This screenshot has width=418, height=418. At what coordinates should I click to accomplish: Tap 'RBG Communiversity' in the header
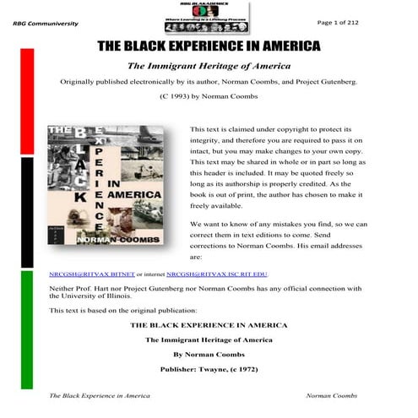[43, 24]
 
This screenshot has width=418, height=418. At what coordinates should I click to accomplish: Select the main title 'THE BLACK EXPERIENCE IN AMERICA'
[209, 46]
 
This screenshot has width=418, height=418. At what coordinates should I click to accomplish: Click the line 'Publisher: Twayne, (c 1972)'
[209, 370]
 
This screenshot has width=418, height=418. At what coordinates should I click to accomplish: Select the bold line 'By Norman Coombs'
[209, 355]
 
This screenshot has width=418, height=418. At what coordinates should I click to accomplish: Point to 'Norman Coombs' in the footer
[332, 395]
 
